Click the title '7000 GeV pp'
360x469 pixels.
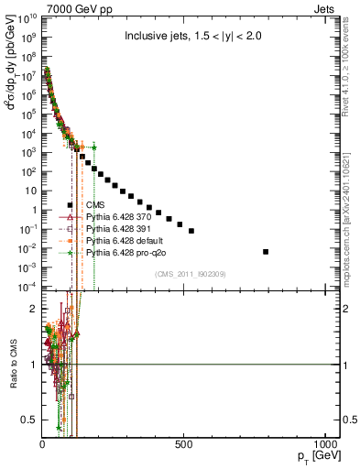(74, 8)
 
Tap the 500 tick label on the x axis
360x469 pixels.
(184, 445)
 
